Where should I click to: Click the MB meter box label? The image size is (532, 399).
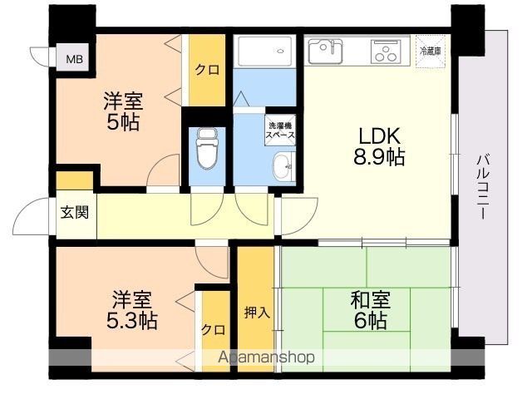point(74,59)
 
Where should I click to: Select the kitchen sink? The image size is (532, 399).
point(325,52)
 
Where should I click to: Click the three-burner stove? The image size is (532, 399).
point(386,52)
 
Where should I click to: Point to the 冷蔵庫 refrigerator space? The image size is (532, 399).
point(431,52)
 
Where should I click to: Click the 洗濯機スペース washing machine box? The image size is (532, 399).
point(280,131)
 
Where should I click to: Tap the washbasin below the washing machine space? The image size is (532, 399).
point(282,166)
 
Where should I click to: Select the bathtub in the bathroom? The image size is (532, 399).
point(265,51)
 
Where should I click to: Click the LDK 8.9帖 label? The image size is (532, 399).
point(379,146)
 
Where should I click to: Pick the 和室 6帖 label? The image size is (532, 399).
point(371,310)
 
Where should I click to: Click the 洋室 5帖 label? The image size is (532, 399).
point(123,111)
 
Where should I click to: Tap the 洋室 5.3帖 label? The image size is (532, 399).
point(132,310)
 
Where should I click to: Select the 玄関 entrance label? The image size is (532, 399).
point(75,213)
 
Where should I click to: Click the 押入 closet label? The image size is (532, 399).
point(257,313)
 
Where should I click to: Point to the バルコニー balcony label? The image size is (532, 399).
point(483,186)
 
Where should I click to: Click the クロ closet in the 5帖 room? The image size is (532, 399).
point(207,70)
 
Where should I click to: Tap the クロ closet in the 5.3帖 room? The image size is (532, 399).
point(214,329)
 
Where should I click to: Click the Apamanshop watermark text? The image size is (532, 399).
point(266,357)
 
